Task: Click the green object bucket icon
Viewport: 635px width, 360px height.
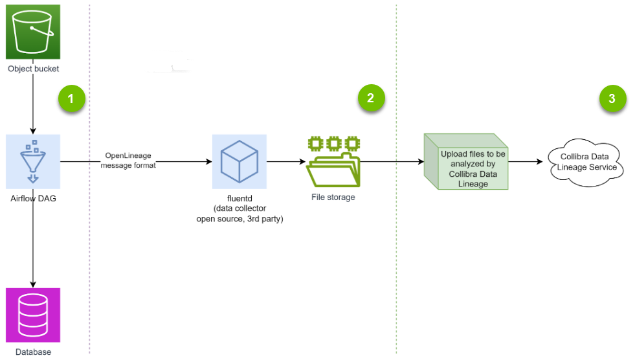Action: click(33, 32)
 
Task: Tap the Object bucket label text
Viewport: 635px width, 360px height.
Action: click(33, 69)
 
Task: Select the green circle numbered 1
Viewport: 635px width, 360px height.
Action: click(71, 99)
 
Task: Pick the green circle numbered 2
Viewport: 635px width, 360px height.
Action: click(370, 98)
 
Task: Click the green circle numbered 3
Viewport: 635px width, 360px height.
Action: click(612, 99)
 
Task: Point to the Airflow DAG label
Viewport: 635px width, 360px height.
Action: click(33, 198)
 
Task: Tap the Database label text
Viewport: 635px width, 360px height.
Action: click(33, 352)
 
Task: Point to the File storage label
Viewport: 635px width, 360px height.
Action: click(333, 197)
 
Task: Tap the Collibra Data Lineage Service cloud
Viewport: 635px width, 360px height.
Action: click(585, 162)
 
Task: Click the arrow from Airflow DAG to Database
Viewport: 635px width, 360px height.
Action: click(33, 246)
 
